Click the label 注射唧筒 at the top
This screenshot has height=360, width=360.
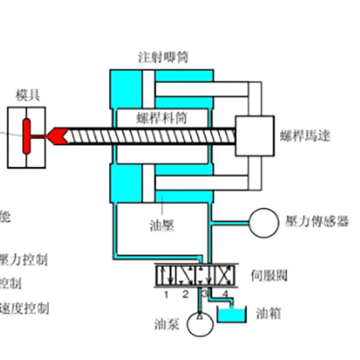[x=163, y=57]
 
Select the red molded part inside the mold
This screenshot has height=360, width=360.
[x=26, y=136]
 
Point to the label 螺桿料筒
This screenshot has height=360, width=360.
[x=162, y=119]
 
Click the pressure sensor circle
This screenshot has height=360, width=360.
[x=264, y=223]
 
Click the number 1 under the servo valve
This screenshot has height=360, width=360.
[x=166, y=294]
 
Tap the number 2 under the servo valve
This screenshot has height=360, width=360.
[x=185, y=294]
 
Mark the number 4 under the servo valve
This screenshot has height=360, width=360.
[x=225, y=294]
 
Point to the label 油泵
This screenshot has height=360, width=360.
[x=166, y=325]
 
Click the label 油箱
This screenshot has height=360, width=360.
[x=268, y=313]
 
